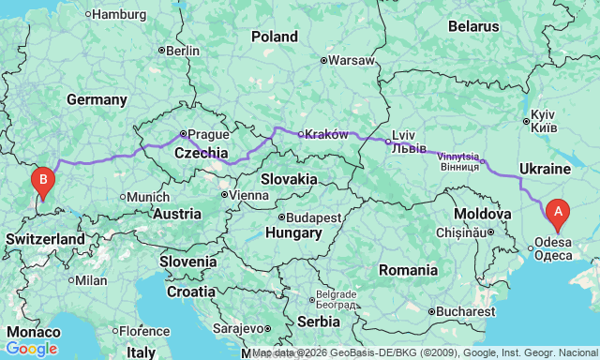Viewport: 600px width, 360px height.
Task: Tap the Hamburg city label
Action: point(118,14)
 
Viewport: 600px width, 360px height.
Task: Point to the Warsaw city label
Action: point(352,60)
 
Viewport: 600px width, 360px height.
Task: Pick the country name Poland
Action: point(274,37)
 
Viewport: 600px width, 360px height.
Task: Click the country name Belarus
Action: point(473,26)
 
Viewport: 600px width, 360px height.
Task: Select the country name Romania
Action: point(408,270)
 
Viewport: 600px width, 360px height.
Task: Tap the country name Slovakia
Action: point(288,178)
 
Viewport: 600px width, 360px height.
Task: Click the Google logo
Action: point(31,349)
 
